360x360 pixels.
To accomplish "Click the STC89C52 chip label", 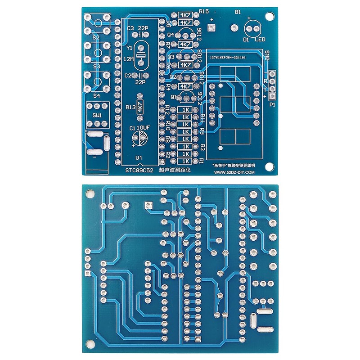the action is pyautogui.click(x=137, y=171).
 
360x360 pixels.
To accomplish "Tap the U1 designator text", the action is pyautogui.click(x=139, y=157).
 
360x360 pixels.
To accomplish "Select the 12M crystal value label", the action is pyautogui.click(x=128, y=59).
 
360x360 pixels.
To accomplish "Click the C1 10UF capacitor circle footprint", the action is pyautogui.click(x=139, y=139).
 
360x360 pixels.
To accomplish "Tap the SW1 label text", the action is pyautogui.click(x=97, y=115).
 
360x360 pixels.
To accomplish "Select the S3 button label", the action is pyautogui.click(x=96, y=66).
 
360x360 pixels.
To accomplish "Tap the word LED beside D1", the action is pyautogui.click(x=260, y=40).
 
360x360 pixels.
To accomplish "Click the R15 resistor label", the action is pyautogui.click(x=203, y=11).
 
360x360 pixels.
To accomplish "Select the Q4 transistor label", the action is pyautogui.click(x=171, y=34).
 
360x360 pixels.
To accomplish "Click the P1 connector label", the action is pyautogui.click(x=272, y=104).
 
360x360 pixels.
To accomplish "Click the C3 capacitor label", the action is pyautogui.click(x=130, y=28).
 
